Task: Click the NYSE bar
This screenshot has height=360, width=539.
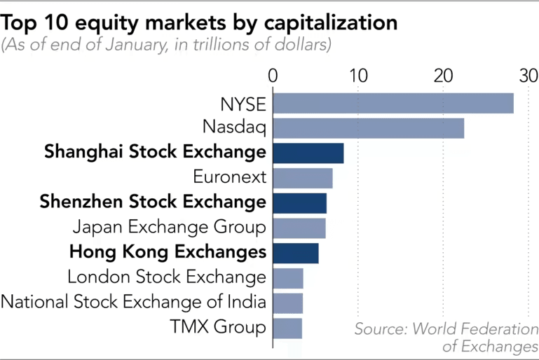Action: pyautogui.click(x=393, y=103)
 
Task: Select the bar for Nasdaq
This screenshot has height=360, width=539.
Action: pyautogui.click(x=368, y=128)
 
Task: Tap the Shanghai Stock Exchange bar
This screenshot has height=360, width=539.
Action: pyautogui.click(x=308, y=153)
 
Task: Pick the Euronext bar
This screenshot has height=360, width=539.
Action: pyautogui.click(x=302, y=178)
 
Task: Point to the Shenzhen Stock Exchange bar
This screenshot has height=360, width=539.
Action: pyautogui.click(x=299, y=203)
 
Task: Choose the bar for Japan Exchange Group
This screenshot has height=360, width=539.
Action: pyautogui.click(x=299, y=228)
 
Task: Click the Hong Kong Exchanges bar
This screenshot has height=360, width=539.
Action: pyautogui.click(x=295, y=253)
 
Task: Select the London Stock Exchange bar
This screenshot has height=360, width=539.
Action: pyautogui.click(x=287, y=278)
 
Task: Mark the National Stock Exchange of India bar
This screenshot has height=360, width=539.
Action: pyautogui.click(x=287, y=303)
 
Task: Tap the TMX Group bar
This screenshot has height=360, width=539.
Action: pyautogui.click(x=287, y=328)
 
